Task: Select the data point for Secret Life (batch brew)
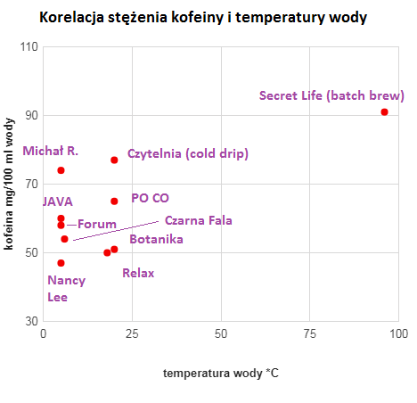[x=384, y=111]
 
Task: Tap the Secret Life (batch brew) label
[x=331, y=95]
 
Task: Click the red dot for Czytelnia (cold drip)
[x=114, y=160]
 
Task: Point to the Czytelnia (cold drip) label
[x=187, y=154]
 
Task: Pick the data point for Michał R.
[x=61, y=170]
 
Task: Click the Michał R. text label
[x=51, y=151]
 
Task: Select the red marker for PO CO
[x=114, y=201]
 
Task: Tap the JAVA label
[x=57, y=202]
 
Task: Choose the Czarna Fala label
[x=198, y=221]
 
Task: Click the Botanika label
[x=156, y=239]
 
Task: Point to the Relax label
[x=138, y=273]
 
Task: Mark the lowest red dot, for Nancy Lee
[x=61, y=263]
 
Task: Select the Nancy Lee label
[x=66, y=288]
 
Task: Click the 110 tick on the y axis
[x=27, y=46]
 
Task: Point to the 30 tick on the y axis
[x=30, y=321]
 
